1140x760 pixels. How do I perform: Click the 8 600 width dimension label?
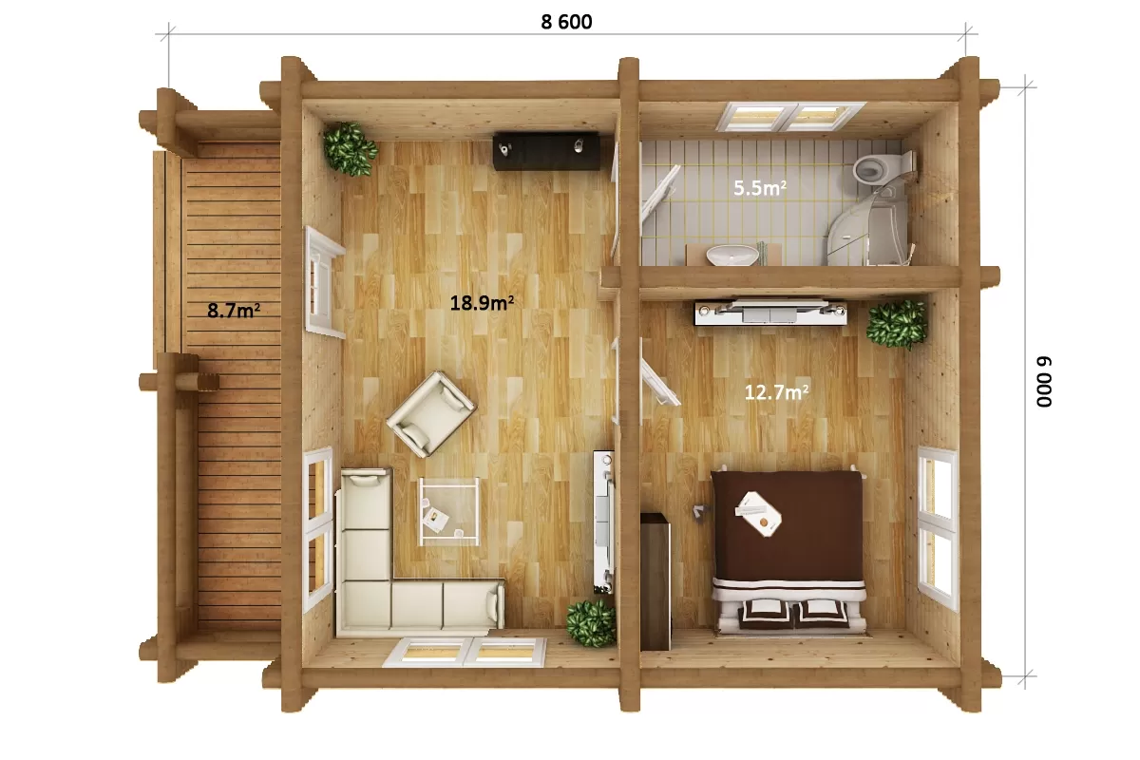[566, 22]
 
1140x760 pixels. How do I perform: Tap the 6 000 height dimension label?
[1044, 382]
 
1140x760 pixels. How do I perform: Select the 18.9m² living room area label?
[482, 303]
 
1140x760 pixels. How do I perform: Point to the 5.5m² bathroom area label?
[759, 188]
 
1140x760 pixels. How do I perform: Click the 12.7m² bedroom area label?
[776, 392]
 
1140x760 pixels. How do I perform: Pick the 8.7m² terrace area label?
[234, 310]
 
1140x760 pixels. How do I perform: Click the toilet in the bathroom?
[883, 167]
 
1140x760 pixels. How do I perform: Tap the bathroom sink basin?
[732, 255]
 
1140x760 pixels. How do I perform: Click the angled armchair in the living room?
[431, 414]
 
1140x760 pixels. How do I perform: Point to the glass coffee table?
[448, 512]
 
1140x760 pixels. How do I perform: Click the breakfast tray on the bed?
[758, 514]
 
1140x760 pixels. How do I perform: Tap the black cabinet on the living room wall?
[546, 151]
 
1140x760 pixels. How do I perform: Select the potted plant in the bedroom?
[896, 324]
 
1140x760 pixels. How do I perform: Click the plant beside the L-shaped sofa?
[591, 623]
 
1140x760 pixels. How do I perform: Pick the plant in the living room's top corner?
[351, 148]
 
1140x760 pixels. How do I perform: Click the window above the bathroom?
[791, 117]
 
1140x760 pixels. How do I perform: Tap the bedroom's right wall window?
[938, 528]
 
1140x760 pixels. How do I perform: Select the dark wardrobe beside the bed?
[655, 581]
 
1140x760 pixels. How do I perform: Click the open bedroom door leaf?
[660, 382]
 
